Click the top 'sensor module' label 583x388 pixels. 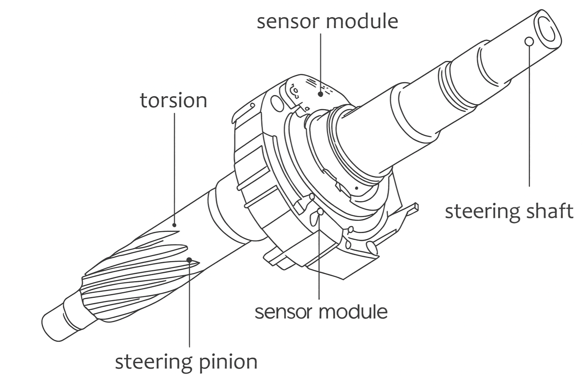pyautogui.click(x=327, y=21)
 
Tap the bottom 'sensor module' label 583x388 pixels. pyautogui.click(x=321, y=312)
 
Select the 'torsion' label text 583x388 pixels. pyautogui.click(x=173, y=101)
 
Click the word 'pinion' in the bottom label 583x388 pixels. pyautogui.click(x=228, y=362)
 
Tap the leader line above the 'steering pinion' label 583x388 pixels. pyautogui.click(x=189, y=303)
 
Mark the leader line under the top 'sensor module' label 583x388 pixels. pyautogui.click(x=321, y=61)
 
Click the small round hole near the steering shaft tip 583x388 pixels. pyautogui.click(x=529, y=41)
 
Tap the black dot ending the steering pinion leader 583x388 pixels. pyautogui.click(x=189, y=260)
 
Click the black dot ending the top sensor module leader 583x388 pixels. pyautogui.click(x=321, y=94)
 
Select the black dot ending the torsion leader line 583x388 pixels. pyautogui.click(x=174, y=225)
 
